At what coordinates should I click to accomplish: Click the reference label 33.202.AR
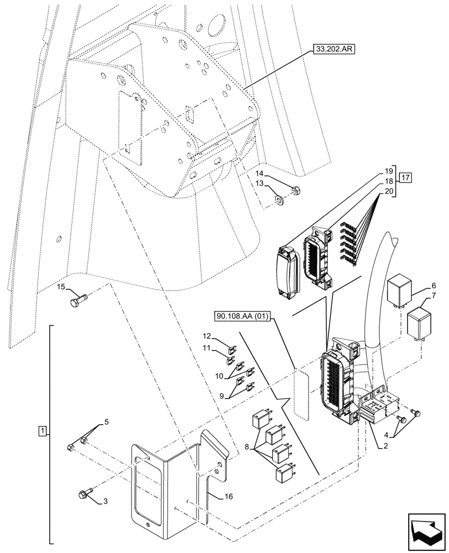click(x=335, y=49)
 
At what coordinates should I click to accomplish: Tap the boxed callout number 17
click(x=406, y=178)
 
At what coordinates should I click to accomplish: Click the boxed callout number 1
click(x=43, y=430)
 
